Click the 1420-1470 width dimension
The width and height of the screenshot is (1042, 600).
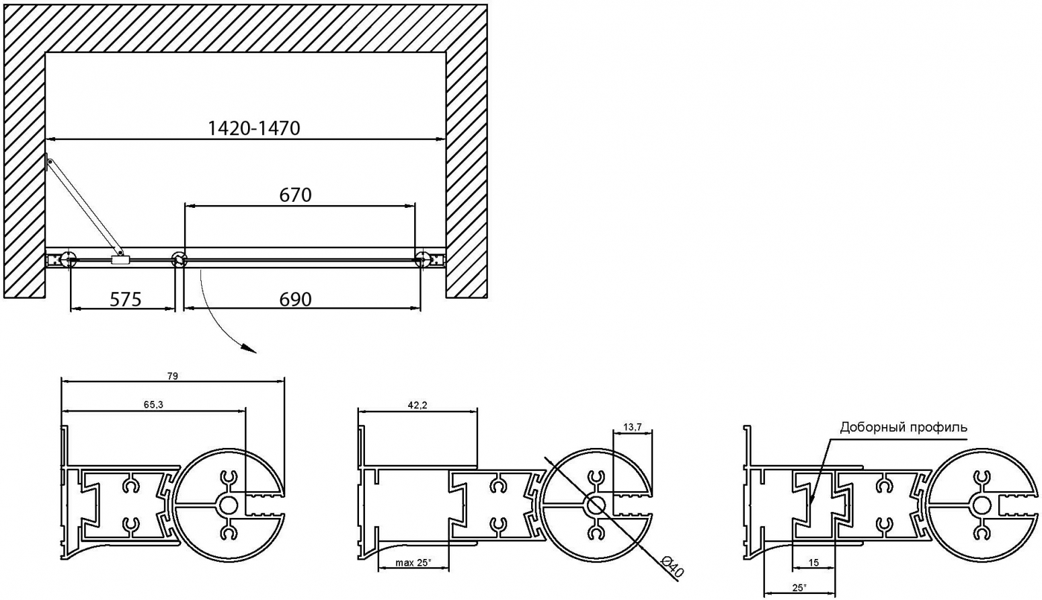click(x=254, y=128)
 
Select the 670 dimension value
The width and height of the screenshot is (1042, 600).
click(x=295, y=195)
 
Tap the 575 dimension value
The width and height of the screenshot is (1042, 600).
click(x=126, y=299)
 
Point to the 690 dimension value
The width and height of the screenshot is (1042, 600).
click(x=295, y=299)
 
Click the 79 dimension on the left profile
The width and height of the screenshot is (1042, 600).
click(x=173, y=376)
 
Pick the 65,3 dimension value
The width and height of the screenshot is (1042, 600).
click(x=153, y=405)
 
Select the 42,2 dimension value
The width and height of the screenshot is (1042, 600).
click(x=417, y=406)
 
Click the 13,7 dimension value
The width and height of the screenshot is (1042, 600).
click(x=633, y=427)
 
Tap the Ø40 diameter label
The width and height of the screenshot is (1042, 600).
click(x=672, y=568)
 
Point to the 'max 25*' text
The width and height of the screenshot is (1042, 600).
click(x=413, y=563)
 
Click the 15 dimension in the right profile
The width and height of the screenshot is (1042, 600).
click(x=813, y=563)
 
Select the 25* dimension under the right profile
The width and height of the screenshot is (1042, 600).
click(x=799, y=588)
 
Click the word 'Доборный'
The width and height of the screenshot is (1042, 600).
click(x=868, y=427)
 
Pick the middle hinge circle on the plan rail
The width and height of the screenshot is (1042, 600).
click(x=179, y=259)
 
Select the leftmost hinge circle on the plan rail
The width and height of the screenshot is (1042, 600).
click(x=69, y=259)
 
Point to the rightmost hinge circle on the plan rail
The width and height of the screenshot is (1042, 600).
click(x=422, y=258)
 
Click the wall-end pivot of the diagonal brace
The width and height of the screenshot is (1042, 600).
click(x=50, y=161)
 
